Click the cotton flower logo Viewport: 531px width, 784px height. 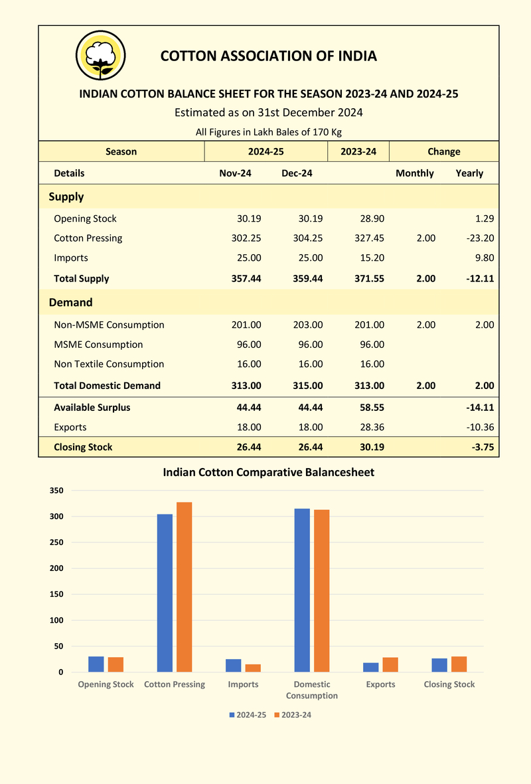tap(100, 55)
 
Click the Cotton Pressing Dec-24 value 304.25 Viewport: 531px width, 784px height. tap(307, 238)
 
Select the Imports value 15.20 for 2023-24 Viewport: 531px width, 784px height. tap(372, 258)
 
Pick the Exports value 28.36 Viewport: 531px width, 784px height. tap(372, 428)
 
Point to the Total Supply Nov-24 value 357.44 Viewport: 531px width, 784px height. tap(246, 279)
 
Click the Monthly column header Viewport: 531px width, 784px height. tap(414, 173)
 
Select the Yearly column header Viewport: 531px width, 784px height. tap(469, 173)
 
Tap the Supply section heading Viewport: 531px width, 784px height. tap(66, 197)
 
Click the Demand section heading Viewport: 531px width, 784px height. tap(70, 303)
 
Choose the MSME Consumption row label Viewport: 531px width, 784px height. tap(98, 345)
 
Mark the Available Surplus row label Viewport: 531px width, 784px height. tap(92, 408)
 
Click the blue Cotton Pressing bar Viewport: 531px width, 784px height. tap(165, 593)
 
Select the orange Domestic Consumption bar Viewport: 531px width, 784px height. tap(321, 591)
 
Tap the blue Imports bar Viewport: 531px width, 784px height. tap(234, 665)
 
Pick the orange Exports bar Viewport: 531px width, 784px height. tap(390, 665)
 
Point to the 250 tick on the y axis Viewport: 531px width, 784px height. tap(56, 542)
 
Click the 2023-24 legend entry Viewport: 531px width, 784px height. tap(293, 715)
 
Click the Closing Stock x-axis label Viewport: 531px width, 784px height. tap(449, 684)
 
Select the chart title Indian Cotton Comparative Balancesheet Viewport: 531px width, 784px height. tap(269, 473)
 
